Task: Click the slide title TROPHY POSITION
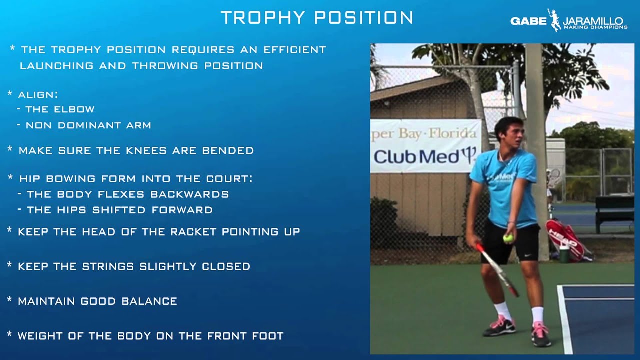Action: point(317,17)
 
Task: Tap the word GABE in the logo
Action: point(528,21)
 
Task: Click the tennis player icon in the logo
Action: point(554,20)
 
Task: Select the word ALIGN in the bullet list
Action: point(38,94)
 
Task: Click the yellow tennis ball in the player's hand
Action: point(508,238)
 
